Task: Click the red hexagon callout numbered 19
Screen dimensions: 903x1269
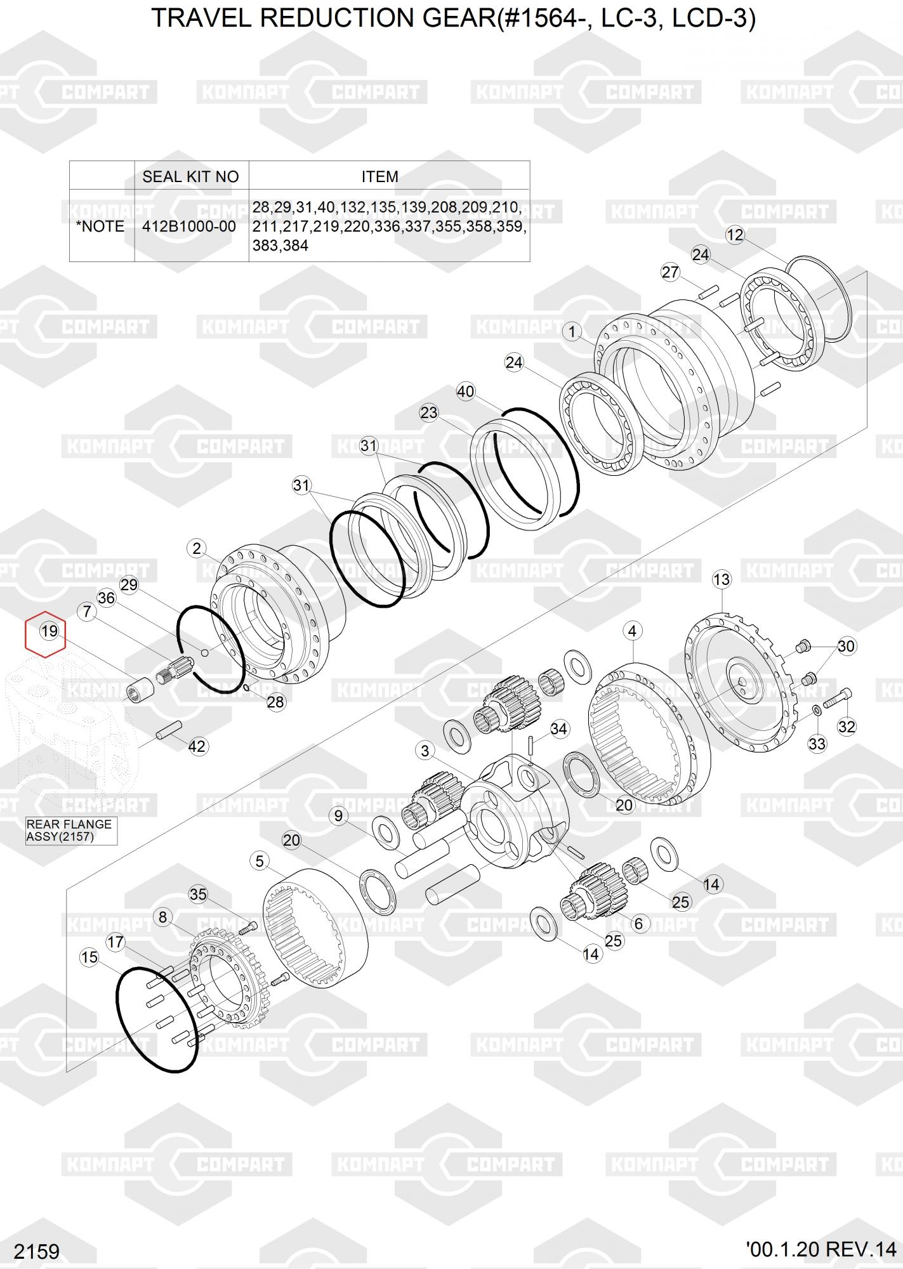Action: click(46, 634)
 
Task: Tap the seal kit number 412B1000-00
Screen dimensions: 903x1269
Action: click(189, 227)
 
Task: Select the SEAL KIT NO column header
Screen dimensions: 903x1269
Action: click(190, 176)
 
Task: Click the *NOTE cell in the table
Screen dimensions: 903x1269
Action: click(100, 227)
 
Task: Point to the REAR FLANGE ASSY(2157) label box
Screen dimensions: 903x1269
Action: click(71, 831)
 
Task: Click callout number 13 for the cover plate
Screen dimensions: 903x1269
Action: click(722, 579)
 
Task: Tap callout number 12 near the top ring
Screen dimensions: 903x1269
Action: click(735, 235)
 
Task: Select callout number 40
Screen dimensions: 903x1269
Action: click(466, 391)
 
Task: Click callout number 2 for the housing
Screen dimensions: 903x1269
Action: click(197, 549)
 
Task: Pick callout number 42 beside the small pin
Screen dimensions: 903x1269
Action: click(197, 746)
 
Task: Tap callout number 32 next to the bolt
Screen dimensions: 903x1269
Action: click(847, 727)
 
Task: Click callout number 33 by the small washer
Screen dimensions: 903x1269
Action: click(817, 743)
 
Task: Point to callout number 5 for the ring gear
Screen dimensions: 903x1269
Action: click(260, 861)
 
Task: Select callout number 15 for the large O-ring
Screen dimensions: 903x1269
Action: click(89, 957)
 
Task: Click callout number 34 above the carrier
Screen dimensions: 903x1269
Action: click(558, 729)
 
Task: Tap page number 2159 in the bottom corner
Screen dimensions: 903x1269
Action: click(37, 1252)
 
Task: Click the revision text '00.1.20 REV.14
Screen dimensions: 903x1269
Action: click(821, 1249)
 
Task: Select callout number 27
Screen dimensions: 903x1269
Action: click(671, 272)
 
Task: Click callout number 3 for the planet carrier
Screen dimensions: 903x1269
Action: click(425, 751)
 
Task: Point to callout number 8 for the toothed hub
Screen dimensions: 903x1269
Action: click(163, 917)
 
